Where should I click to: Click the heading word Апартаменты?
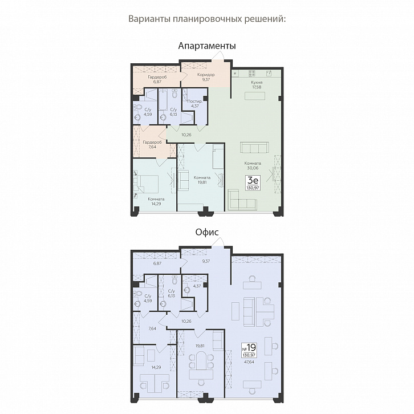point(207,46)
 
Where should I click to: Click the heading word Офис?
point(207,232)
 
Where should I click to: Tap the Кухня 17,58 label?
point(257,84)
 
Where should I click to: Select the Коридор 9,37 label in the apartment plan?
point(206,77)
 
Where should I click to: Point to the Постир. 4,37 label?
point(195,104)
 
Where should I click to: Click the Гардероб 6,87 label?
point(157,79)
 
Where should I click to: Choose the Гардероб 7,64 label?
point(152,144)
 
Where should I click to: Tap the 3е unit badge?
point(253,182)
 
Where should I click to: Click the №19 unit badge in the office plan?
point(249,350)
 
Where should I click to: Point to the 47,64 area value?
point(249,362)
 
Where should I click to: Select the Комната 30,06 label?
point(253,165)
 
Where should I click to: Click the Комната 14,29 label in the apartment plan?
point(156,201)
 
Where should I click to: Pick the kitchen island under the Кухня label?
point(255,96)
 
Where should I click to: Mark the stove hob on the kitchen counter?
point(252,73)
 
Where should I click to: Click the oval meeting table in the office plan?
point(201,360)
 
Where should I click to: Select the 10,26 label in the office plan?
point(186,321)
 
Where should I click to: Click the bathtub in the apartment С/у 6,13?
point(163,100)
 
